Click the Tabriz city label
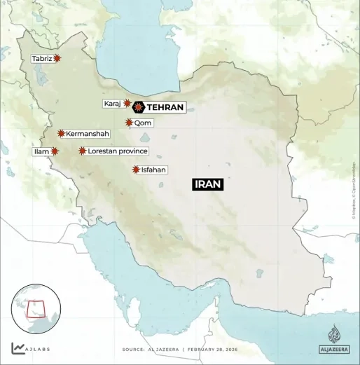(x=41, y=59)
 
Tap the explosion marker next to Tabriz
(x=57, y=59)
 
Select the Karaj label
(x=112, y=104)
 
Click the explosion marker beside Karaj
(x=127, y=103)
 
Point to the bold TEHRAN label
(x=165, y=107)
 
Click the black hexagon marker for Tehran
(x=139, y=107)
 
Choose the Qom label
(x=143, y=123)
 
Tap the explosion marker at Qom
(x=129, y=123)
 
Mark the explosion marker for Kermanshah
(x=62, y=133)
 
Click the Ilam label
(x=41, y=151)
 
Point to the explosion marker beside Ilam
(x=55, y=151)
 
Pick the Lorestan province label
(x=118, y=151)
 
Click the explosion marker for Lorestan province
(x=83, y=151)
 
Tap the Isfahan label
(x=154, y=170)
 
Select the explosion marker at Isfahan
(x=136, y=170)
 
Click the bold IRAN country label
(x=208, y=184)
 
